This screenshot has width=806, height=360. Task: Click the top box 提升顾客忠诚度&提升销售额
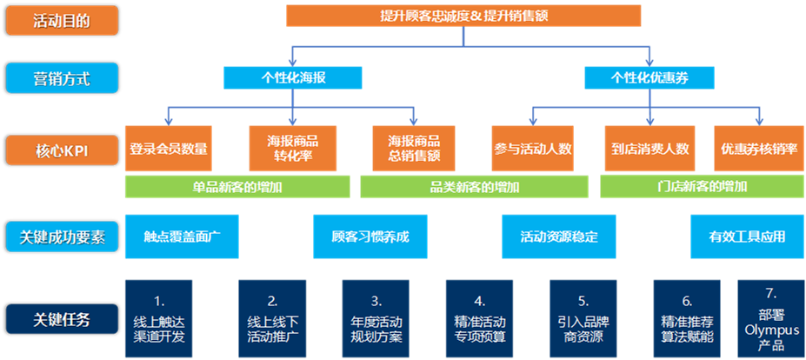463,16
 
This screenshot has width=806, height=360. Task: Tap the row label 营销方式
62,79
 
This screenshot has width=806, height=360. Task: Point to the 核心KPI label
62,150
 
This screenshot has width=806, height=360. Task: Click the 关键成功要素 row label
62,236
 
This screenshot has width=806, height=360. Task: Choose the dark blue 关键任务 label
62,319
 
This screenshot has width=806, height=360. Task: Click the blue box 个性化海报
293,77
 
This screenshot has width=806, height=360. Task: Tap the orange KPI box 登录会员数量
169,149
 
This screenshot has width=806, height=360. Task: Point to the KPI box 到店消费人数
649,149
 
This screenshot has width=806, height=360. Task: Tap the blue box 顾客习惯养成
370,237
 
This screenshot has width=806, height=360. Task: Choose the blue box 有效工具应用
747,237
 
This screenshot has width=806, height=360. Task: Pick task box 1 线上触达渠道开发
158,319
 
